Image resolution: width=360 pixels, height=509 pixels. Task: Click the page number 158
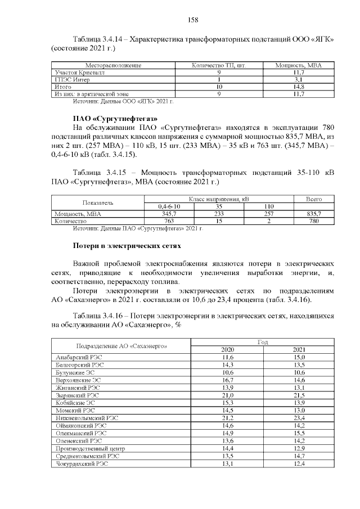(x=192, y=20)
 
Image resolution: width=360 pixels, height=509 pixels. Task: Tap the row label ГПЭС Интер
(x=67, y=80)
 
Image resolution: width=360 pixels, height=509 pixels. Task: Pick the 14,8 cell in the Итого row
(x=299, y=87)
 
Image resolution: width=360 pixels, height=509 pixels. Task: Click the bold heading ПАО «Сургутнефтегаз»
(x=115, y=118)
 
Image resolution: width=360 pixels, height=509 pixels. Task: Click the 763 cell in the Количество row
(x=168, y=222)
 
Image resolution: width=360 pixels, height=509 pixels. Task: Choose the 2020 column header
(x=227, y=349)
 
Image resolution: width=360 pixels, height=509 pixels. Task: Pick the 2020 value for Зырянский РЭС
(x=227, y=395)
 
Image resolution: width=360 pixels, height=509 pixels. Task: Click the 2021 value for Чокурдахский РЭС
(x=299, y=464)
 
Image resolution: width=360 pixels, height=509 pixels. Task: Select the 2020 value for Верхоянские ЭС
(x=227, y=380)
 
